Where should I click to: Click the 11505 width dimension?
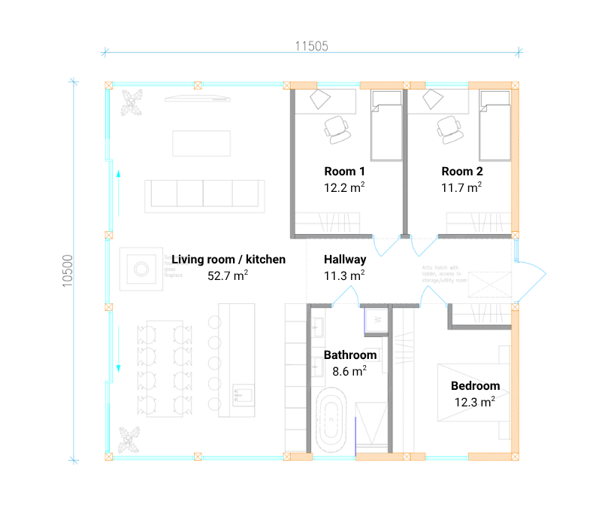[311, 46]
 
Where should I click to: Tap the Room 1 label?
[345, 171]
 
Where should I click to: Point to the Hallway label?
[345, 260]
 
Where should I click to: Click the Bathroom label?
[349, 354]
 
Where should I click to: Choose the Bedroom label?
[475, 386]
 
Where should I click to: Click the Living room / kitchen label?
[228, 260]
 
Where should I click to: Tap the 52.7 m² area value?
[228, 276]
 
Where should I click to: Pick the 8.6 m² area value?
[349, 370]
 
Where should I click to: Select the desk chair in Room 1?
[337, 129]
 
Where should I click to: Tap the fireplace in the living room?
[141, 267]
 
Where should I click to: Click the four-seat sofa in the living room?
[205, 193]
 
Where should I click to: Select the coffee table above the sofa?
[201, 143]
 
